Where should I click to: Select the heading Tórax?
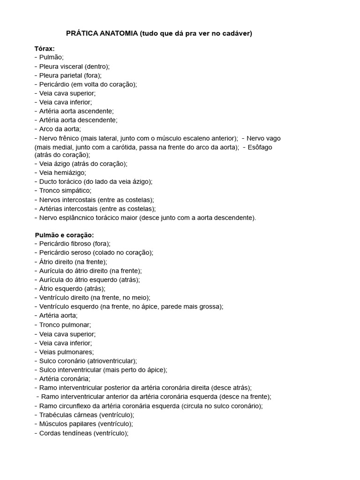[45, 48]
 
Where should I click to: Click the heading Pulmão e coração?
[64, 234]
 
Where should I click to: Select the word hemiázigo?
[70, 172]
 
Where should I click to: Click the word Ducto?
[48, 181]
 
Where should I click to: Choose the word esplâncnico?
[81, 217]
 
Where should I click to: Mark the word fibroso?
[80, 243]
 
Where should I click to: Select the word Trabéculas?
[56, 415]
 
